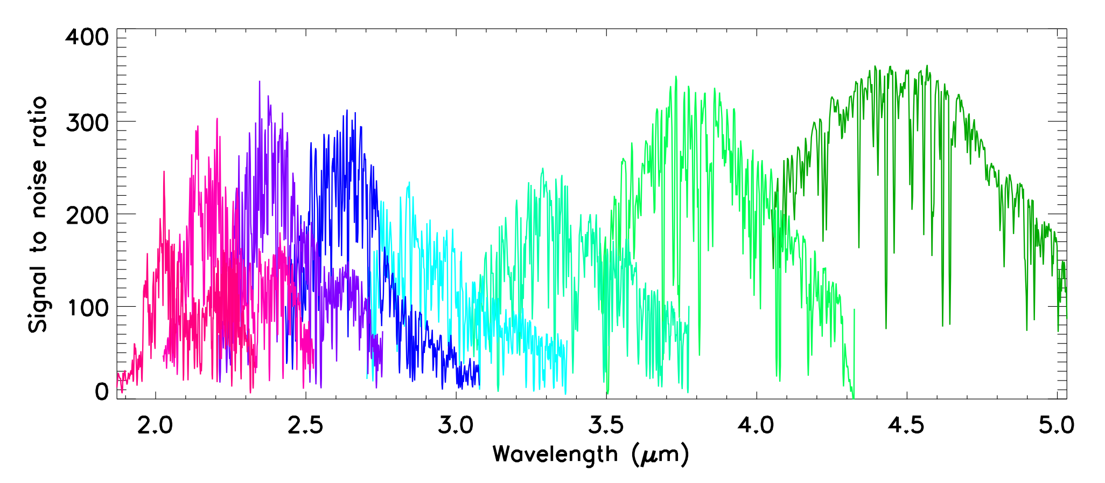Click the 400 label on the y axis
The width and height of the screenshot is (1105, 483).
87,37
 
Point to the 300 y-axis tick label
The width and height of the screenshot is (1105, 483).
87,123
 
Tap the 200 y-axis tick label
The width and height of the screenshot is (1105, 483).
87,216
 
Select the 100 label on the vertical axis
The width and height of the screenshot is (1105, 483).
87,308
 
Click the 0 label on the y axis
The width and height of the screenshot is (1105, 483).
101,392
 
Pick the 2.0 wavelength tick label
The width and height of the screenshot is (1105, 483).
155,426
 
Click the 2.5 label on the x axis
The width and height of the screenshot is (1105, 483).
305,426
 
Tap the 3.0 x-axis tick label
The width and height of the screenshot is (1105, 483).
456,426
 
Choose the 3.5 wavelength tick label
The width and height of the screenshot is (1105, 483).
606,426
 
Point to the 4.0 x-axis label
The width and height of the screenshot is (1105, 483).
756,426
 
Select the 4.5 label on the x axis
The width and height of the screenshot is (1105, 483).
906,426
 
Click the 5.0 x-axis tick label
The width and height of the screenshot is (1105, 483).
1057,426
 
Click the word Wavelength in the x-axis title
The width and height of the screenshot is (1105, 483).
555,454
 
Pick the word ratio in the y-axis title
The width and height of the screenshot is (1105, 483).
38,119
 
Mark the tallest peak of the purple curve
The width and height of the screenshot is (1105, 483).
260,82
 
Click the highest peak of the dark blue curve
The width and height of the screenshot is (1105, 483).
347,111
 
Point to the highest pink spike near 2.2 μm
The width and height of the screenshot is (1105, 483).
217,119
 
